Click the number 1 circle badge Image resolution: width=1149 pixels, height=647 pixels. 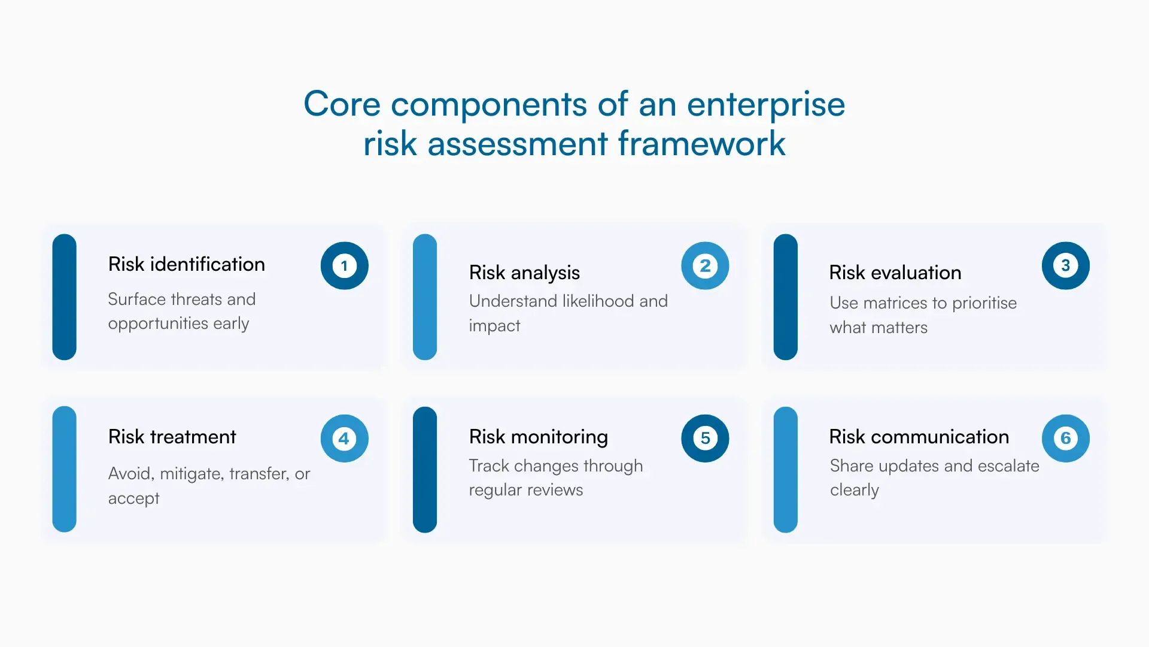click(344, 265)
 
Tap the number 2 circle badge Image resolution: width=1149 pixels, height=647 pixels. click(705, 265)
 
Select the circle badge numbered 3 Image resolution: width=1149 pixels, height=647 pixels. click(1065, 265)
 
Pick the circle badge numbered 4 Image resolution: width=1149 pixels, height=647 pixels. click(344, 439)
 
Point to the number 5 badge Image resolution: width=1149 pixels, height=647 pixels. click(705, 439)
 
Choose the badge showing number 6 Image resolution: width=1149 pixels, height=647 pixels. click(1065, 439)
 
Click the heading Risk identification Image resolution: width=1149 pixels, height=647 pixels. click(186, 264)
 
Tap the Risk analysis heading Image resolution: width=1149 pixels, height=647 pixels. click(524, 273)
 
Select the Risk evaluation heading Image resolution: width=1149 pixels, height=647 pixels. click(895, 273)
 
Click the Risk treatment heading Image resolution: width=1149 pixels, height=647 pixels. click(172, 437)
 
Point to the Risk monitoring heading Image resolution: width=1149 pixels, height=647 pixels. click(538, 437)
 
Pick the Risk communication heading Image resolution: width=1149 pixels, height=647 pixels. click(919, 437)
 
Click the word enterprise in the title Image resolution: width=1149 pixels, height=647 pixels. click(765, 105)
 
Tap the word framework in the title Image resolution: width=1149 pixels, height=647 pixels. click(701, 144)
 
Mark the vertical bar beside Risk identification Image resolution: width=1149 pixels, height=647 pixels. click(64, 297)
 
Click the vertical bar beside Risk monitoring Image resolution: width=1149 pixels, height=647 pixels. click(425, 469)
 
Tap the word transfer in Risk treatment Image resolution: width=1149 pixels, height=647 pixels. click(259, 474)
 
